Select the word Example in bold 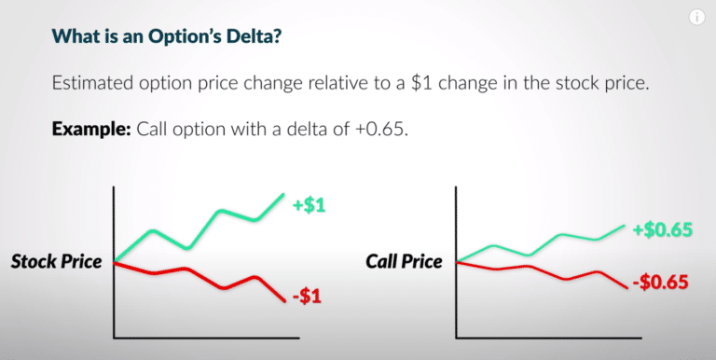coord(89,128)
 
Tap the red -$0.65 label coord(660,281)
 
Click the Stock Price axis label coord(56,262)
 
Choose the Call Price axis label coord(404,262)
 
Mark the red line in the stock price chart coord(186,270)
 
